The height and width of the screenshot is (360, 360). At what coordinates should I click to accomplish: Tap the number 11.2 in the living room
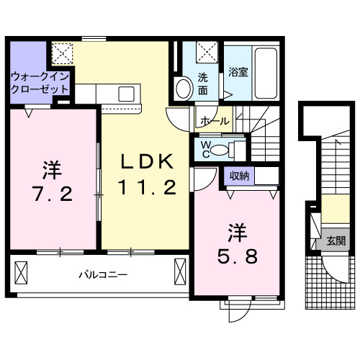(x=147, y=188)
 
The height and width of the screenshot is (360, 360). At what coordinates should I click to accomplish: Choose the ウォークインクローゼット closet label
(x=40, y=83)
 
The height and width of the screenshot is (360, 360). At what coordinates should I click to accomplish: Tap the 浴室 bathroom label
(x=238, y=72)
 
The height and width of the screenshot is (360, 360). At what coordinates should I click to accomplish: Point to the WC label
(x=204, y=150)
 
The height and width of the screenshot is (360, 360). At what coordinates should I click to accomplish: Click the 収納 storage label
(x=240, y=175)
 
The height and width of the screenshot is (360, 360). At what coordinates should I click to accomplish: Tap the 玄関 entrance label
(x=335, y=241)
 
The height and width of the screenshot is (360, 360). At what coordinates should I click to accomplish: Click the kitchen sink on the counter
(x=127, y=94)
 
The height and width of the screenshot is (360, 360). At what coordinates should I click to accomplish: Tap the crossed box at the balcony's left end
(x=21, y=274)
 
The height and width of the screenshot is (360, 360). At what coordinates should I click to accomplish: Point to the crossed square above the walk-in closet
(x=61, y=52)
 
